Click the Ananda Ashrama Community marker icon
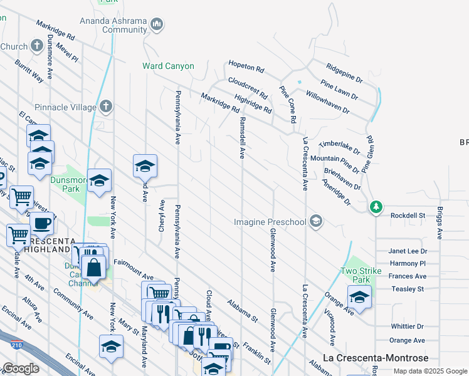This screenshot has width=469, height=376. (x=157, y=24)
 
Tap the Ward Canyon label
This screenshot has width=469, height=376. (x=168, y=66)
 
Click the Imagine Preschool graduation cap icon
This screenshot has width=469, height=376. (x=317, y=221)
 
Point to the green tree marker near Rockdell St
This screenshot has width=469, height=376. (x=376, y=207)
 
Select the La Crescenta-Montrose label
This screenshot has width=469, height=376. (x=376, y=358)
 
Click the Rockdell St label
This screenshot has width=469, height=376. (x=408, y=216)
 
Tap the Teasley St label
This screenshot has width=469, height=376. (x=408, y=289)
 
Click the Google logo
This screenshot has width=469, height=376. (x=21, y=368)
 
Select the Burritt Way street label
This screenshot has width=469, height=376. (x=29, y=71)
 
